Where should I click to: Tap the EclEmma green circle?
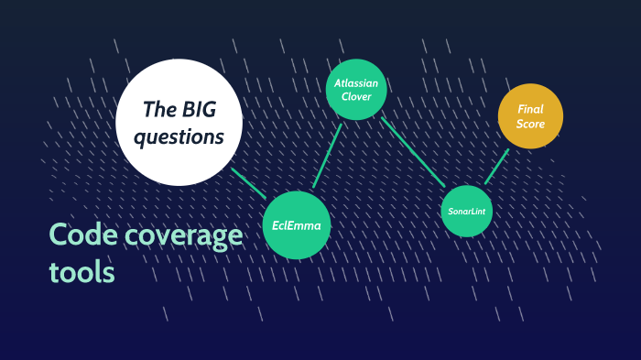click(296, 224)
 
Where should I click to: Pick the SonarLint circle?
click(467, 211)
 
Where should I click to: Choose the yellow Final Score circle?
click(530, 116)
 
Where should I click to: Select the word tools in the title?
click(81, 271)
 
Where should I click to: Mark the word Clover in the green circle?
click(356, 96)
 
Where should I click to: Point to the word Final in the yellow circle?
click(530, 109)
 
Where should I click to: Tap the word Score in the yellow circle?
click(530, 124)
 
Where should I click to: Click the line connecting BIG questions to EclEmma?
click(248, 183)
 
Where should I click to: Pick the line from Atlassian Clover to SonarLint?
click(414, 152)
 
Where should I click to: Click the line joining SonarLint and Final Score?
click(496, 165)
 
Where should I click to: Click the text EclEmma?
click(296, 224)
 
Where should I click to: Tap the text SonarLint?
click(467, 212)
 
